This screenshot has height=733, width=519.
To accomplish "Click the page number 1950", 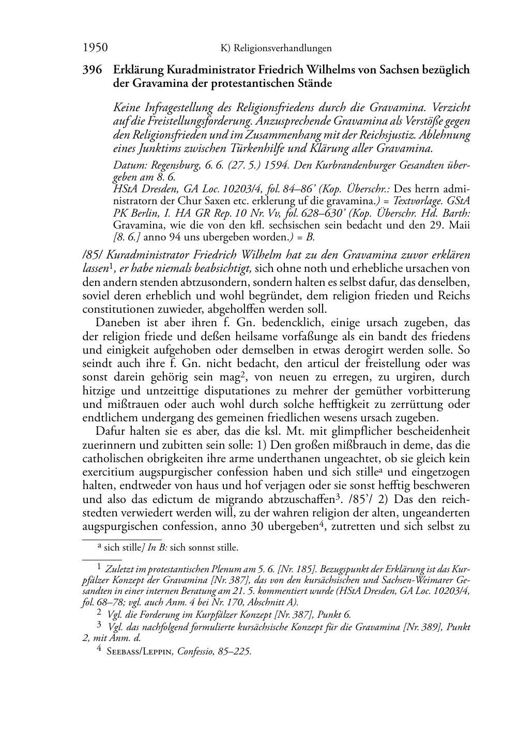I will coord(95,48).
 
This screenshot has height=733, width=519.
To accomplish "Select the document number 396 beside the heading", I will coord(93,69).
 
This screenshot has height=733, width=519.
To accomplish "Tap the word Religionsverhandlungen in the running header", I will coord(282,49).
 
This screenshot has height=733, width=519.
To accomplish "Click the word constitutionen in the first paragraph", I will coord(117,309).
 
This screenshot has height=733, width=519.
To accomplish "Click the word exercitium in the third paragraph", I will coord(108,472).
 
